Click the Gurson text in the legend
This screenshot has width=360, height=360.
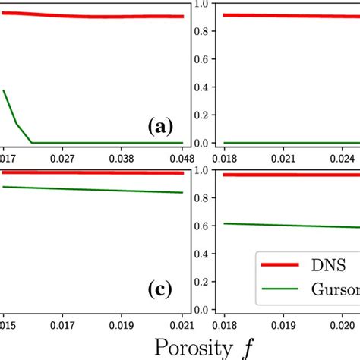point(334,289)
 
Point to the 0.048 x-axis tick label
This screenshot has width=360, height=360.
point(181,159)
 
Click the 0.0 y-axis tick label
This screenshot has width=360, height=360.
point(201,143)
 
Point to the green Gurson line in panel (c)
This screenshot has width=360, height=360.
point(91,189)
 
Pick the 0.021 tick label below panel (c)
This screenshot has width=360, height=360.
point(181,320)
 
